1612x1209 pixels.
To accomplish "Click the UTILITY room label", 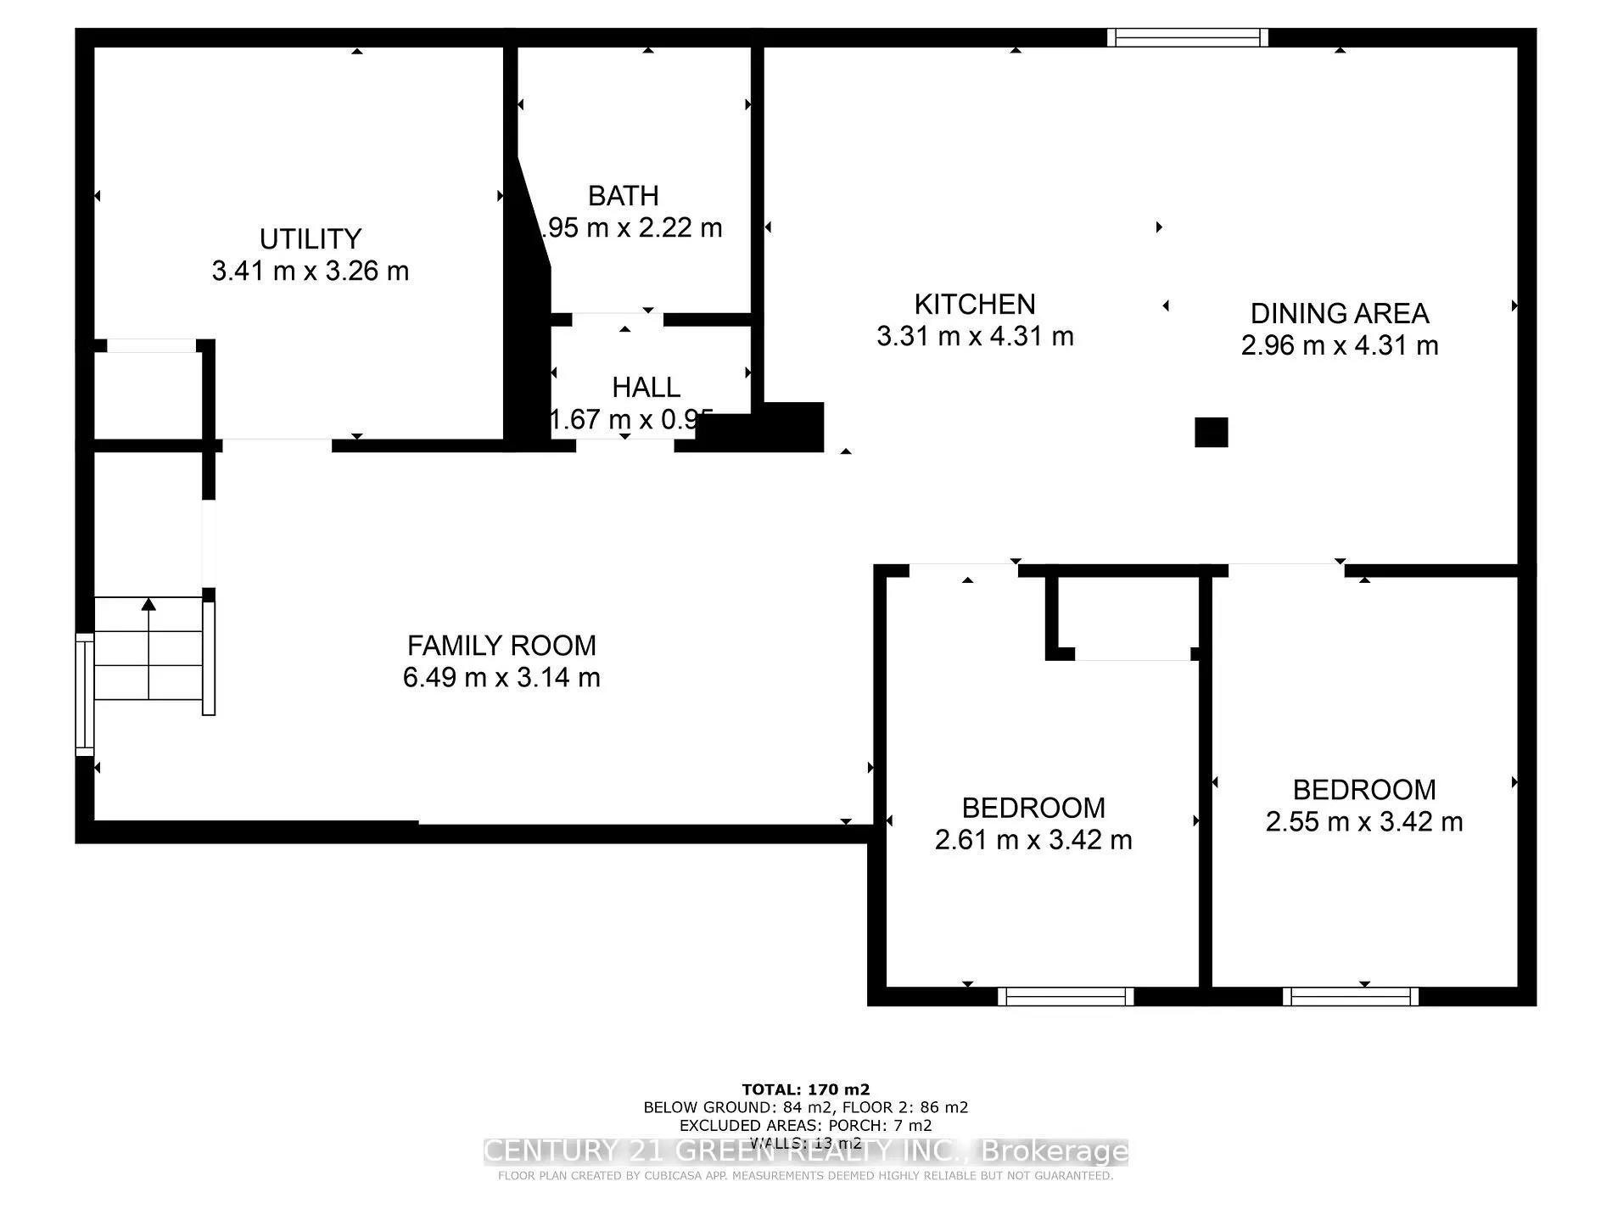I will [x=310, y=239].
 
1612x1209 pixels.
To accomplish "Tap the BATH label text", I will [x=623, y=196].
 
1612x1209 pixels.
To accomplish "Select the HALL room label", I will [x=646, y=388].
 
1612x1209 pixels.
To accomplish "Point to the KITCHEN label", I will [x=974, y=304].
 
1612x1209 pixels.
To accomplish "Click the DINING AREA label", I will [x=1339, y=313].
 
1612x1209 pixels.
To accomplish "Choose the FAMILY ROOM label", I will [x=501, y=646].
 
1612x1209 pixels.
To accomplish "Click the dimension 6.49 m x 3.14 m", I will [x=501, y=678].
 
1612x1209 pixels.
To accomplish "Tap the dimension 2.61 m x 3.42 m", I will [x=1033, y=840].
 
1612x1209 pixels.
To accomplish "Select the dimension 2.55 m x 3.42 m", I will [x=1363, y=822].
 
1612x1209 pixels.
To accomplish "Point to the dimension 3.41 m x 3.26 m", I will [x=310, y=271].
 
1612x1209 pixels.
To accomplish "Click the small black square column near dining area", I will [x=1211, y=432].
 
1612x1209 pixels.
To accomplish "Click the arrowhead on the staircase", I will [x=148, y=604].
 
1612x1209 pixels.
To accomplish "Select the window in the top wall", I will [x=1187, y=37].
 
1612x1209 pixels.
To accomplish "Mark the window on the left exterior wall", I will [x=85, y=693].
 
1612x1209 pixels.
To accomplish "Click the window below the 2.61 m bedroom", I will [x=1065, y=996].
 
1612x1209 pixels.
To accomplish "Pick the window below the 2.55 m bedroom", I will [x=1350, y=996].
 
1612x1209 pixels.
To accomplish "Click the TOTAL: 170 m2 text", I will [x=805, y=1089].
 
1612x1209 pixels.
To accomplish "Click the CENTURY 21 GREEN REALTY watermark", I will [x=805, y=1151].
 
